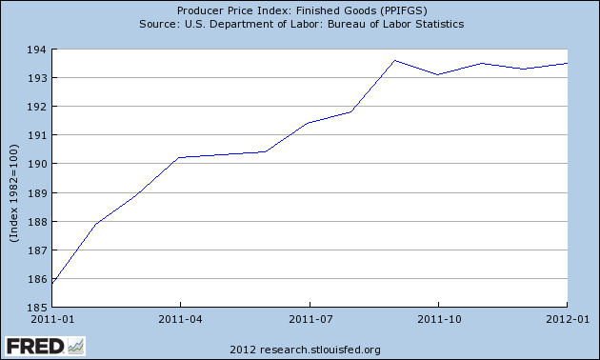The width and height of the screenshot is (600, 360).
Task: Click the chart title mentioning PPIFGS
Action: tap(300, 10)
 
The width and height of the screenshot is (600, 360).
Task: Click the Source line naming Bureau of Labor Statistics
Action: tap(300, 24)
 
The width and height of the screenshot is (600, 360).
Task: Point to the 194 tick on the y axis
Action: tap(38, 49)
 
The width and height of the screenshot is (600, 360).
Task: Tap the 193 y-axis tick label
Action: tap(38, 78)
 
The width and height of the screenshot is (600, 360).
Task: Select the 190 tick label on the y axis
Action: tap(38, 164)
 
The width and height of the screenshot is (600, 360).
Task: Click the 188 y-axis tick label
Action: tap(38, 222)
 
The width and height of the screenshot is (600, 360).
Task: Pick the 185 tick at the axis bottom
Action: tap(38, 308)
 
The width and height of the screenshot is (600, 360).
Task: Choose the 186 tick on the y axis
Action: tap(38, 279)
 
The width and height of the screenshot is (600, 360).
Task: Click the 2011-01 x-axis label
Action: tap(52, 320)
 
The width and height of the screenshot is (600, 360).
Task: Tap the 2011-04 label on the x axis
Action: tap(181, 320)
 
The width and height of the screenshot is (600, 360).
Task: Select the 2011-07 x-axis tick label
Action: tap(310, 320)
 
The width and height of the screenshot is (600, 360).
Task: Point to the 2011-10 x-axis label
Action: tap(440, 320)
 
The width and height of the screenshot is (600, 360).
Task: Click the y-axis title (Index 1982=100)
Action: tap(14, 178)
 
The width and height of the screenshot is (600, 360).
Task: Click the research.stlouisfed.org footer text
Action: tap(299, 349)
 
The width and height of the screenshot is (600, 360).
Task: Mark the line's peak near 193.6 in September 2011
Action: tap(395, 60)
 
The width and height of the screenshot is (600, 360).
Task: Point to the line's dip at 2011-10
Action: tap(438, 74)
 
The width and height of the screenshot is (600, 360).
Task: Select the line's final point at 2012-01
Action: tap(568, 63)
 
